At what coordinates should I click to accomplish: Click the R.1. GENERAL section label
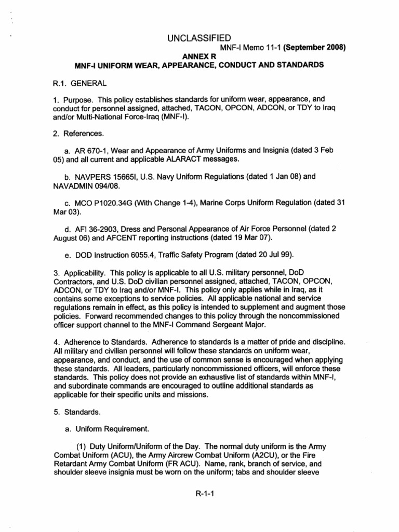pyautogui.click(x=72, y=82)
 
